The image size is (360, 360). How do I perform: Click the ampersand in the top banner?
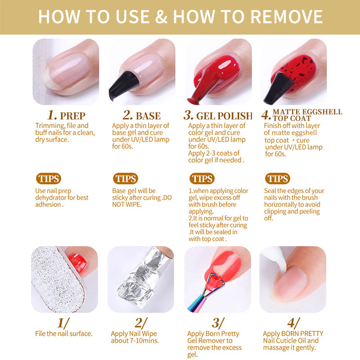coord(161,17)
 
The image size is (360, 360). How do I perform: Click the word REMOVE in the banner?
coord(287,17)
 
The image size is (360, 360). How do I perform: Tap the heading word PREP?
coord(72,116)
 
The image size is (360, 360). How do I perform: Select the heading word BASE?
coord(148,116)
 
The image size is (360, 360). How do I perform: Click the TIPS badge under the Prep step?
coord(49,179)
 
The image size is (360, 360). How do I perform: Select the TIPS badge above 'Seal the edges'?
coord(278,179)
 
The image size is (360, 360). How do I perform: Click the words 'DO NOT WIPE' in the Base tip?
coord(142,201)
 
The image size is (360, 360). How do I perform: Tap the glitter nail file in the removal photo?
coord(58,279)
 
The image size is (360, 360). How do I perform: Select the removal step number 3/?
coord(218,323)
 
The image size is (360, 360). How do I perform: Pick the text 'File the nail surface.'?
coord(64,333)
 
